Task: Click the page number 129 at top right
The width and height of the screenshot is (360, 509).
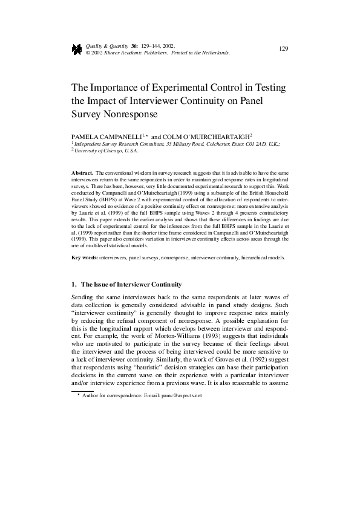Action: point(283,48)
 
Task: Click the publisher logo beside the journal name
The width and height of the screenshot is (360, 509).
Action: point(77,49)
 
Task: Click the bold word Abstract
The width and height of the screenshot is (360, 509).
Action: point(82,173)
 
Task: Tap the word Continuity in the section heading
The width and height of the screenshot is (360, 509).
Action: point(162,284)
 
